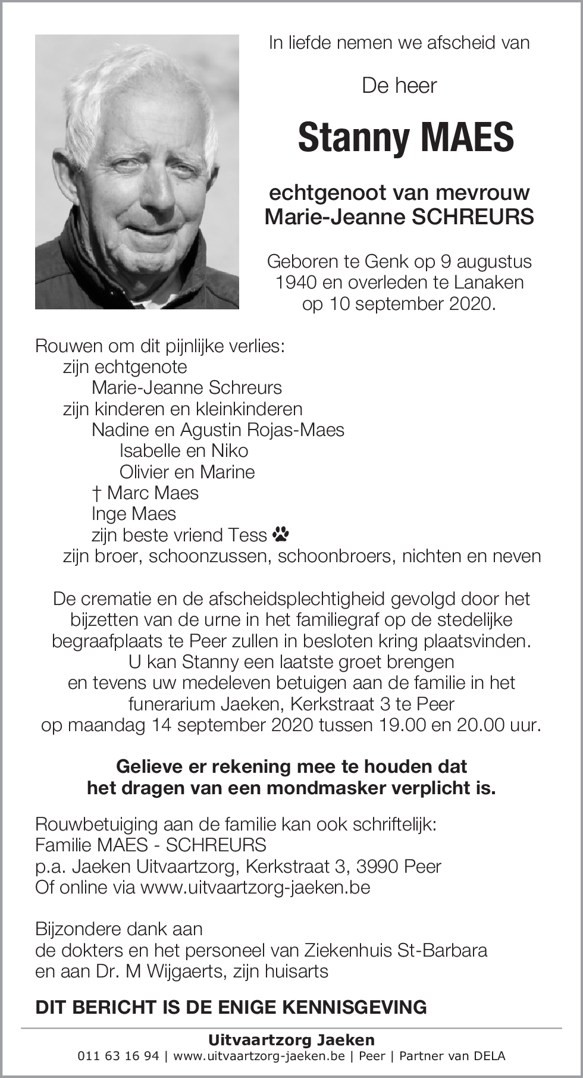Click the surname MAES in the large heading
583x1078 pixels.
(x=467, y=137)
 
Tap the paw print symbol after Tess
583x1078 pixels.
(x=281, y=535)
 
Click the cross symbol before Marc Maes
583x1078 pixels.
(x=96, y=493)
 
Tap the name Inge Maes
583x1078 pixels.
(x=134, y=513)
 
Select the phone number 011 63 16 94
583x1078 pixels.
(x=118, y=1056)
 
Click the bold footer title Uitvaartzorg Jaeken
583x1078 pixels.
(x=291, y=1040)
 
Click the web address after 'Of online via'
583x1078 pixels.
(x=255, y=887)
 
